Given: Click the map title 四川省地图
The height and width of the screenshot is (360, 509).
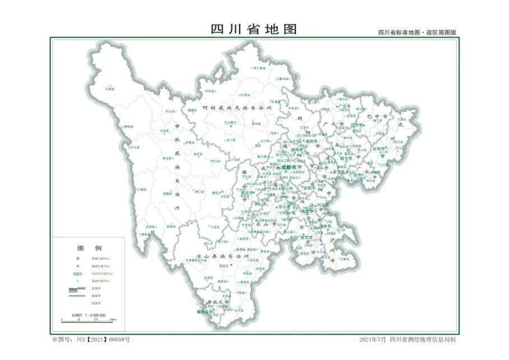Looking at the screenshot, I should (x=254, y=29).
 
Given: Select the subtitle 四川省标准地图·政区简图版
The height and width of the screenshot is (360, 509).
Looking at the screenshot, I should (x=417, y=33).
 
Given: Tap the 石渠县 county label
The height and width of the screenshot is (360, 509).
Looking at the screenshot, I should (x=110, y=89).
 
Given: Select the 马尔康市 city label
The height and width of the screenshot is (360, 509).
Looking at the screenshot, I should (x=231, y=122).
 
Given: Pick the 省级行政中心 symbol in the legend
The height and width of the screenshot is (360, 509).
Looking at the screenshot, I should (x=78, y=259).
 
